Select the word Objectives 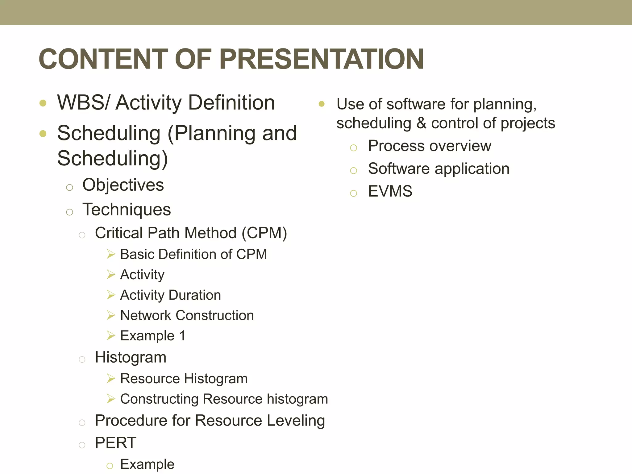(123, 185)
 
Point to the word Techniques (127, 210)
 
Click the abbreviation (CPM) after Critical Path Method (264, 233)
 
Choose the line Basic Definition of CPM (193, 255)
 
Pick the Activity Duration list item (170, 295)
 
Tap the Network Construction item (187, 316)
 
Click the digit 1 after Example (182, 336)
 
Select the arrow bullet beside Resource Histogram (111, 378)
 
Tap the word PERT (116, 443)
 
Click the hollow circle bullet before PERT (82, 445)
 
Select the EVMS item (390, 191)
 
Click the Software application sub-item (439, 169)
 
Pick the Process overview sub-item (430, 146)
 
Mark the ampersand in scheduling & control (421, 123)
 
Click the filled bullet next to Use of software (322, 104)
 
